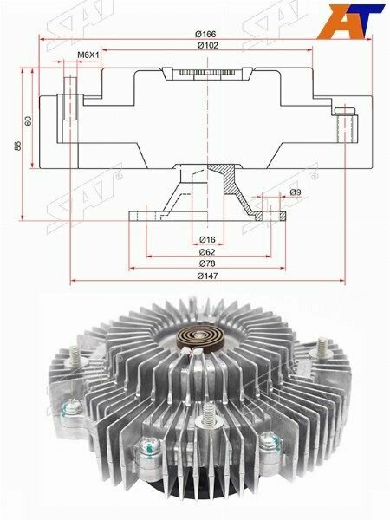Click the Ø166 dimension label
(x=205, y=34)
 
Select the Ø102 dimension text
(x=208, y=45)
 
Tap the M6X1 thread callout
(x=88, y=55)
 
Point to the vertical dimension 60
(x=29, y=120)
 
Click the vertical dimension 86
(x=17, y=146)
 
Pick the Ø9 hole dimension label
(x=295, y=192)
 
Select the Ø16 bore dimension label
(x=207, y=239)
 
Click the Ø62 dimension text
(x=207, y=252)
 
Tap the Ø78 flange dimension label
(x=207, y=263)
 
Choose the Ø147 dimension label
(x=208, y=276)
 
